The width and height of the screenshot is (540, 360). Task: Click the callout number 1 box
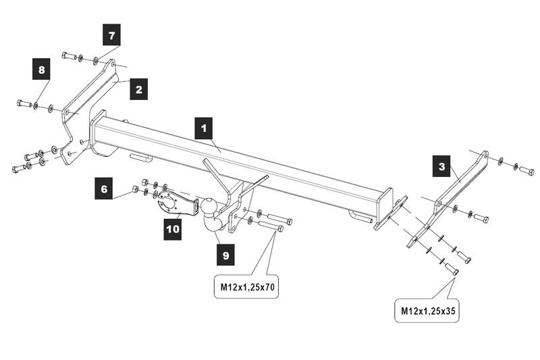(203, 128)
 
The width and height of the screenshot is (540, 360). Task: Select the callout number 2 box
(138, 89)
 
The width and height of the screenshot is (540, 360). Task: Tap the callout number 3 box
(441, 166)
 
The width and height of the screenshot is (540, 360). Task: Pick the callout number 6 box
(104, 190)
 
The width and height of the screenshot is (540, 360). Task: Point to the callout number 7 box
(112, 34)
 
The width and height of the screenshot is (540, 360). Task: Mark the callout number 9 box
(225, 255)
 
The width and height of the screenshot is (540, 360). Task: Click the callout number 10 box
(173, 229)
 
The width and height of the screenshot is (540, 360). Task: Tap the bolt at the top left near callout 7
(67, 55)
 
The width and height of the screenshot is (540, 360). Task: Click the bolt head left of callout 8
(22, 103)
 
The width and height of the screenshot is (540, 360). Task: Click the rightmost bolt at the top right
(526, 170)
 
